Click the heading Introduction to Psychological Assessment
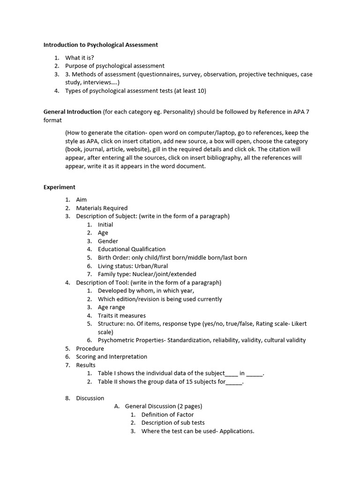tap(101, 45)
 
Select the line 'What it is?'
tap(80, 58)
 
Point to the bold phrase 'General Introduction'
tap(72, 112)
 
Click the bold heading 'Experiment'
tap(60, 187)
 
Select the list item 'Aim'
tap(82, 200)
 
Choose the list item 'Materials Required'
tap(102, 208)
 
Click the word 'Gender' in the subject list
tap(108, 241)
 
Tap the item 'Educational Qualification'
tap(132, 249)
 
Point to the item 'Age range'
tap(112, 307)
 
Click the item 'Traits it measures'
tap(122, 316)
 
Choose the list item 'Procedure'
tap(90, 349)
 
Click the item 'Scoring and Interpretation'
tap(112, 357)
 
